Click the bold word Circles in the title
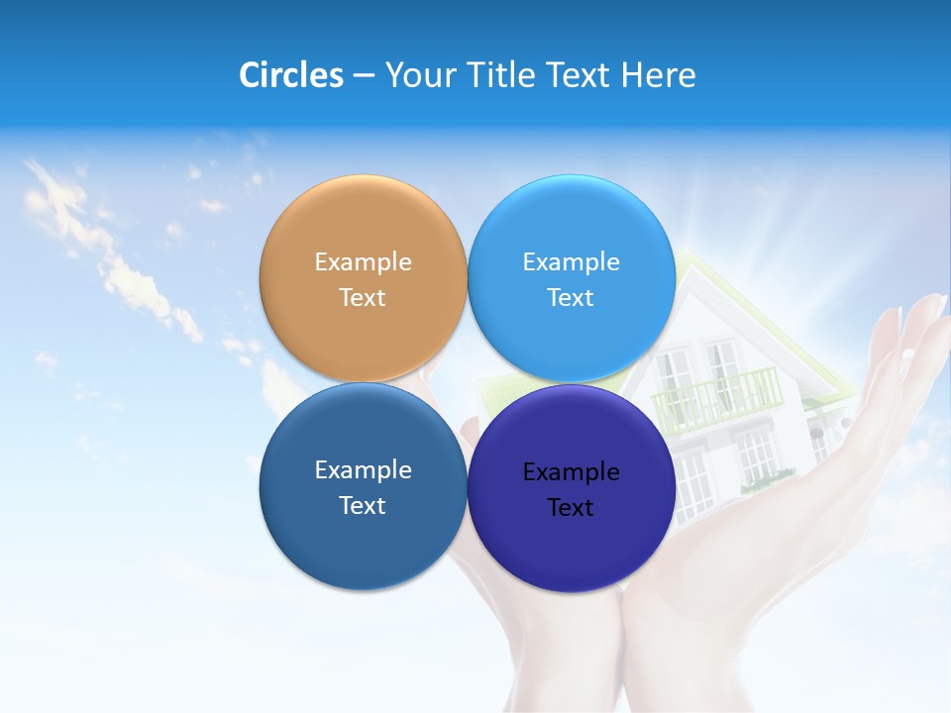click(x=291, y=75)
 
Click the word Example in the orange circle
click(x=363, y=262)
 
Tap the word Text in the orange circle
click(x=363, y=298)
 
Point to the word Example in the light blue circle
click(x=571, y=262)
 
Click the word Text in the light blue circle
click(x=571, y=298)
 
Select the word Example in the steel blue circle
click(x=363, y=470)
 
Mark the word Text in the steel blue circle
click(x=363, y=506)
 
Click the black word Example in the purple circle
click(x=571, y=472)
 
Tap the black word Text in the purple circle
click(x=571, y=508)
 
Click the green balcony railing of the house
click(x=717, y=399)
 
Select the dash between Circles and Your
click(x=363, y=76)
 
